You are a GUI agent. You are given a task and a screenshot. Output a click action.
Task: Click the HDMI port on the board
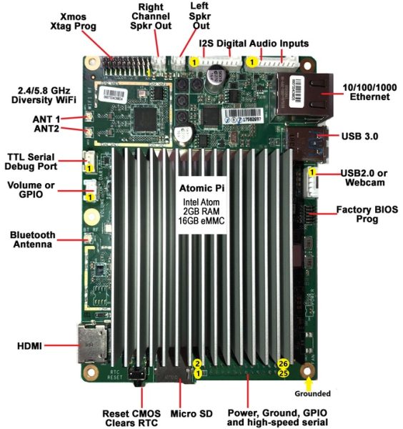[93, 346]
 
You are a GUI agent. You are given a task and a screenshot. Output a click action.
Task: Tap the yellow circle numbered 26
[283, 363]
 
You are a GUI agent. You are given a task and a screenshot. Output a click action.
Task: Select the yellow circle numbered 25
[283, 373]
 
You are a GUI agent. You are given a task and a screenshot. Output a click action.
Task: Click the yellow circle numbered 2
[198, 363]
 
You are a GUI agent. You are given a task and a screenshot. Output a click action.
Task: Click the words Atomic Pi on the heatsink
[201, 188]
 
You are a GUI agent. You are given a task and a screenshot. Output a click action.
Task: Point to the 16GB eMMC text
[201, 222]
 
